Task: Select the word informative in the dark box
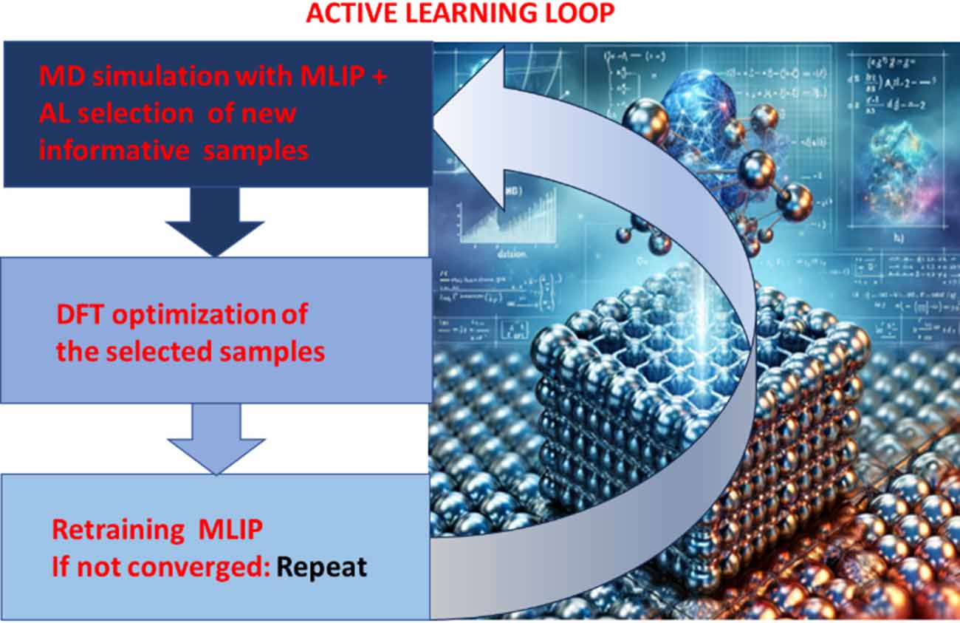(x=114, y=150)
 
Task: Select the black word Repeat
(x=321, y=567)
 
